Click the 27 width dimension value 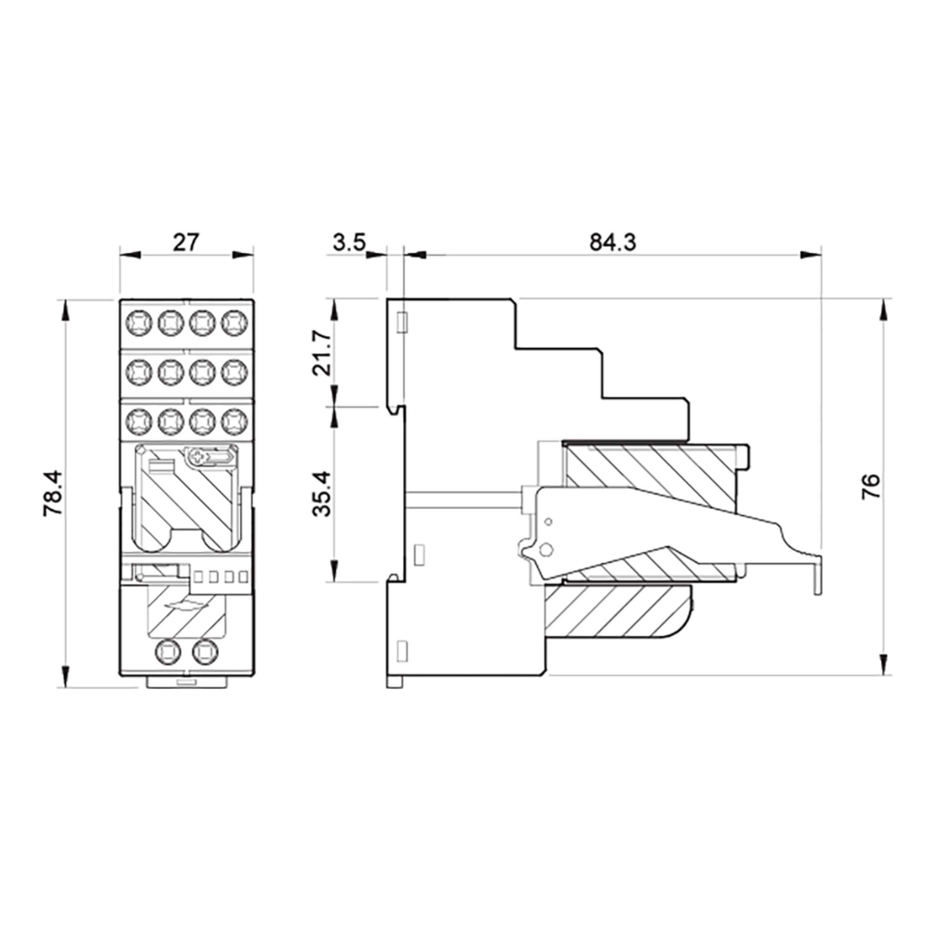click(x=186, y=242)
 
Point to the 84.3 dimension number click(x=612, y=242)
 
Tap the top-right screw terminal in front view click(x=234, y=322)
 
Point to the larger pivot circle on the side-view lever click(x=546, y=550)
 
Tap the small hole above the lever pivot click(x=548, y=522)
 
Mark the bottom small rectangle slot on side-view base click(x=401, y=651)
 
